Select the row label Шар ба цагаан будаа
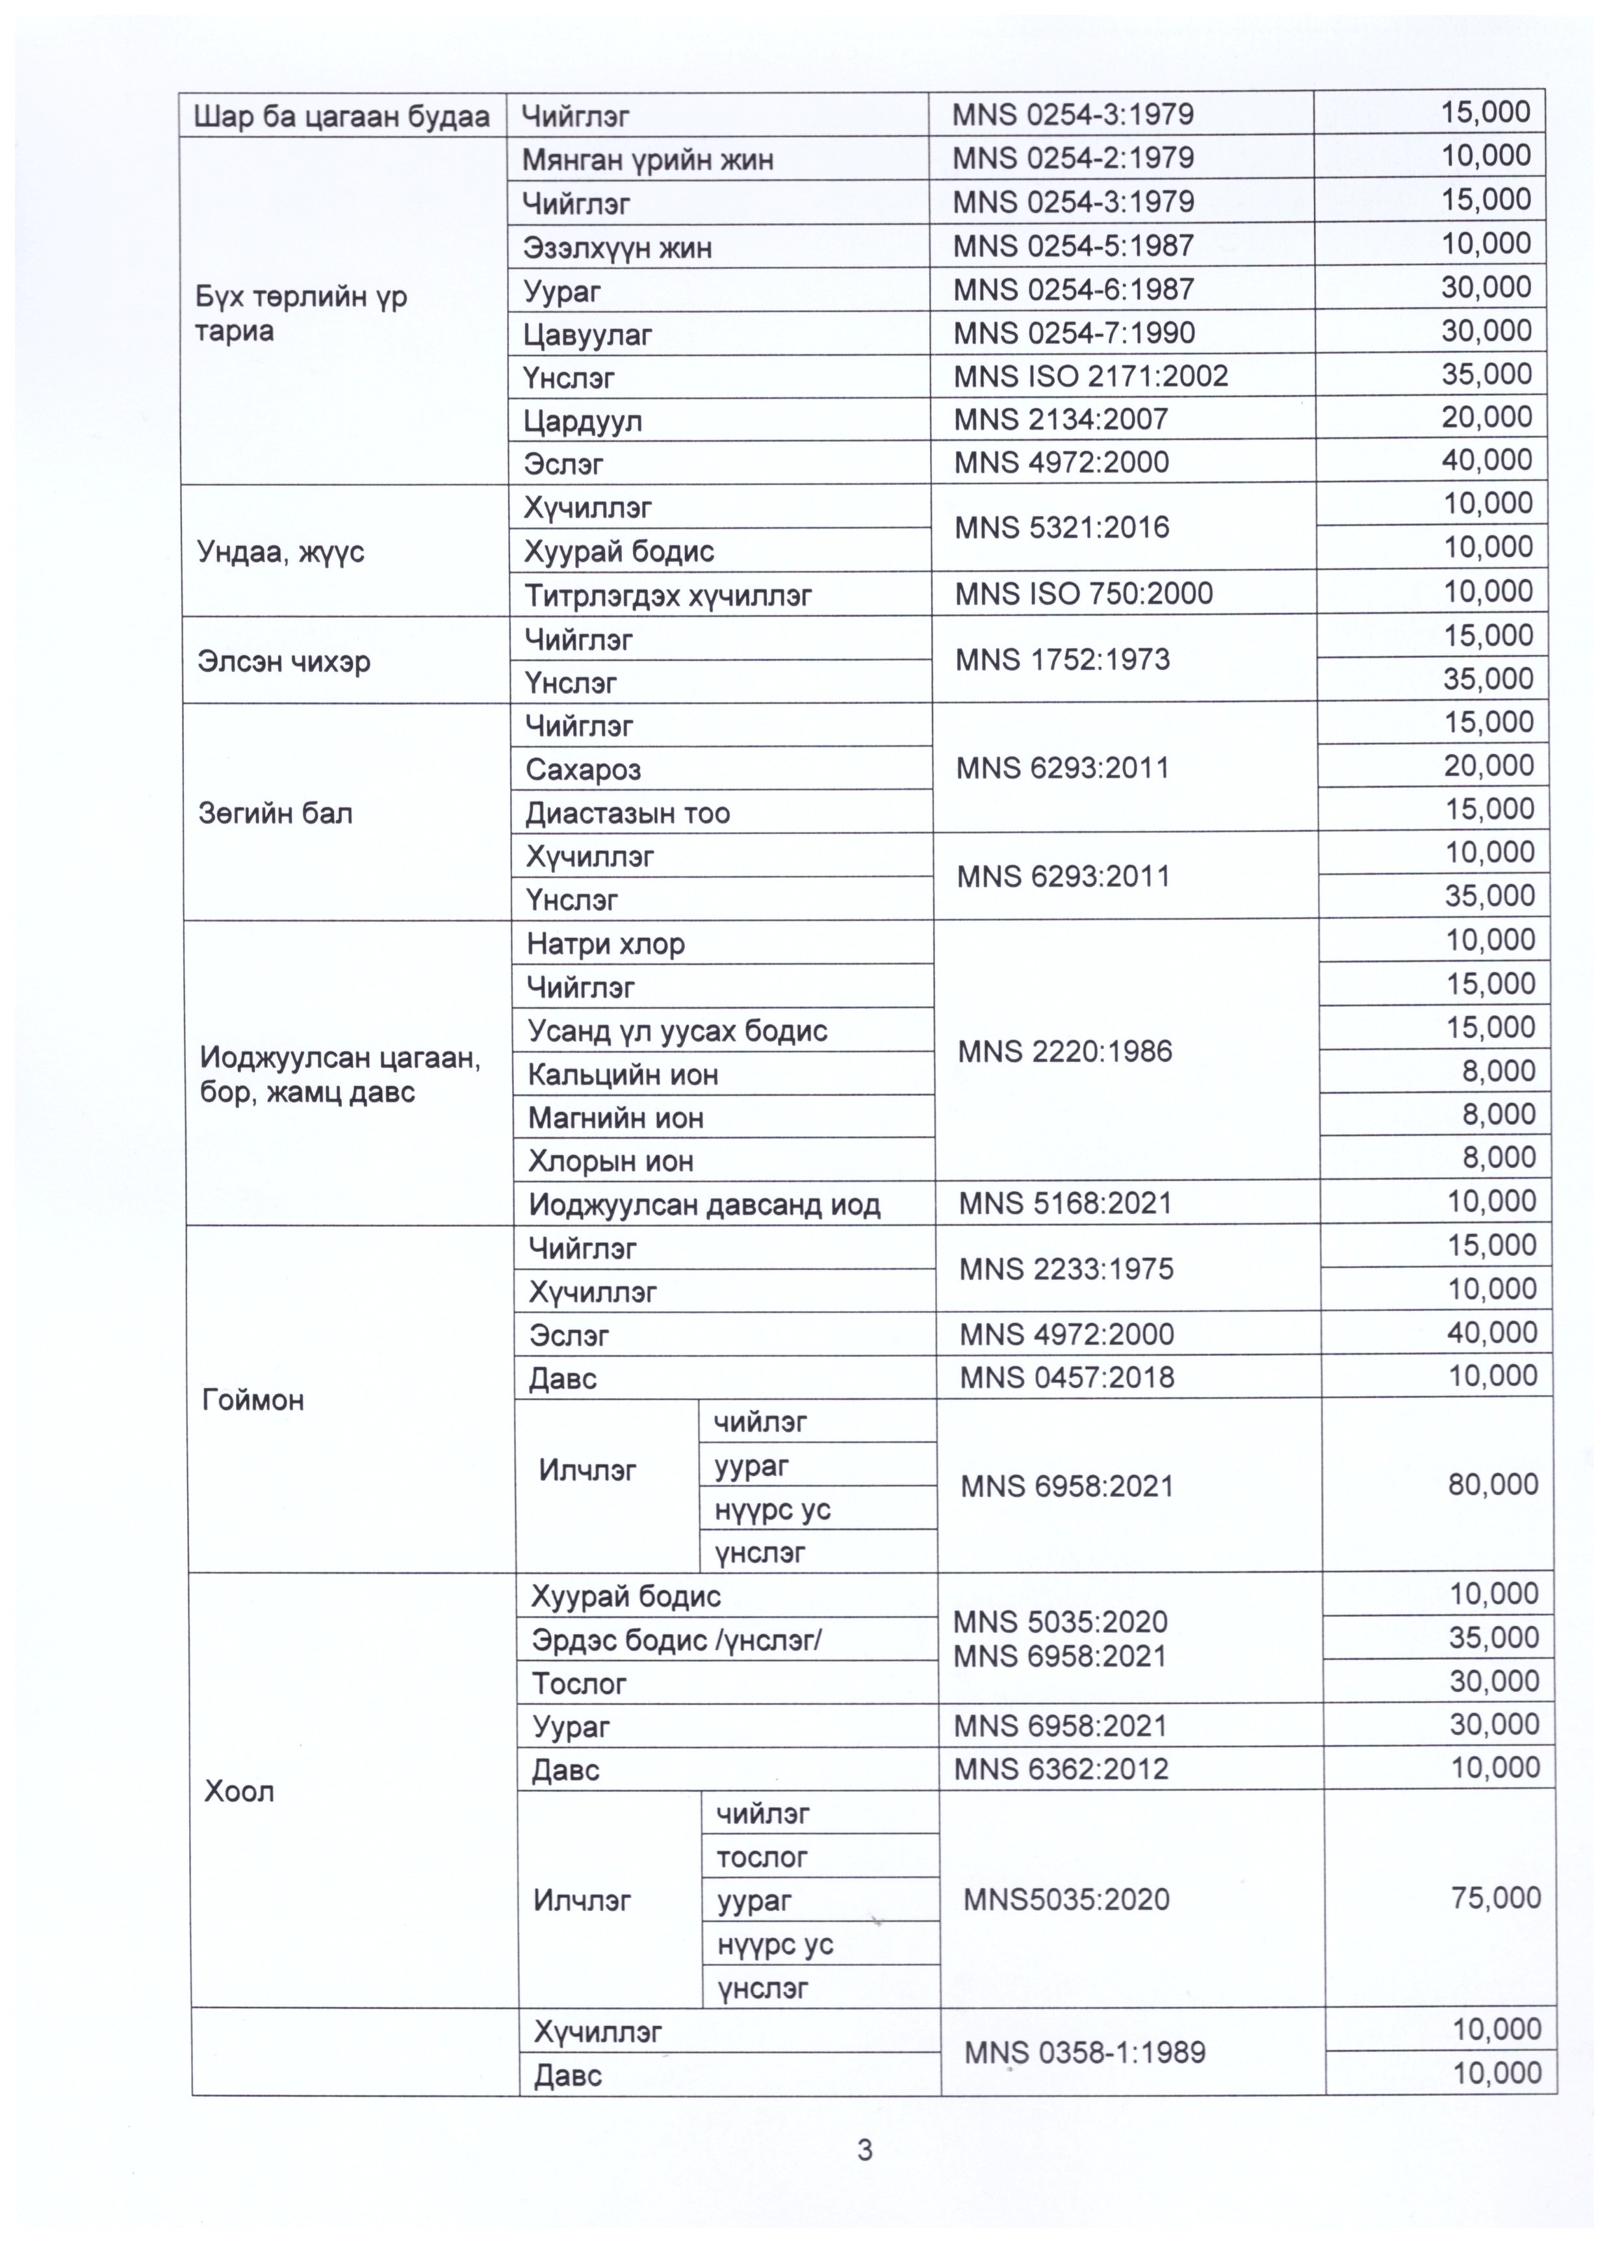(x=341, y=117)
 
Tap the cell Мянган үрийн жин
(x=648, y=159)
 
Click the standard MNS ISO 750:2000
(x=1083, y=593)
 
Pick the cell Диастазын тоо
(x=627, y=813)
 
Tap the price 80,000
(x=1492, y=1483)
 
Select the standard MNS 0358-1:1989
(x=1084, y=2052)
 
